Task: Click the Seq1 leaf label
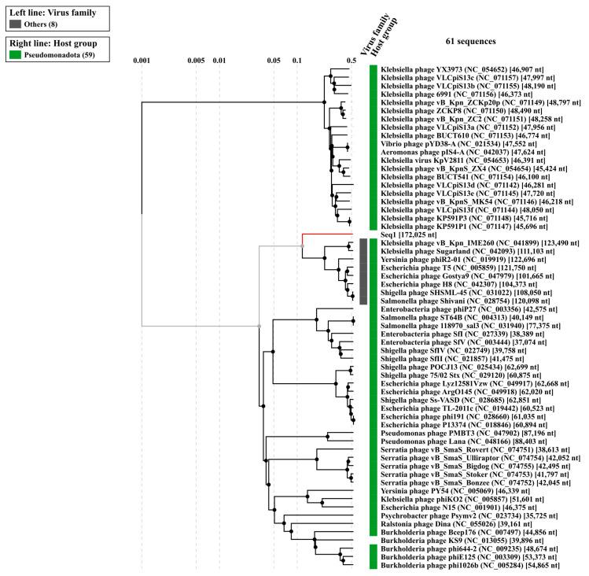pos(388,234)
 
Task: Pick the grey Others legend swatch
pos(16,24)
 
